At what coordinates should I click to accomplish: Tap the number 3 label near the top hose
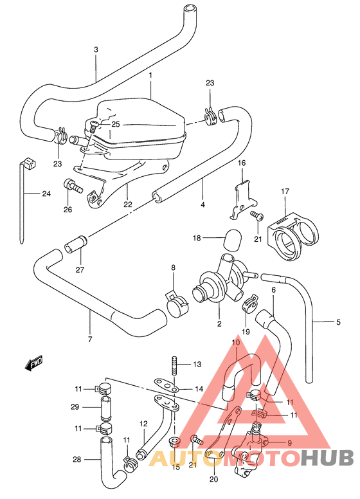pos(96,50)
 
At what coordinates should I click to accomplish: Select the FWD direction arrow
pos(33,365)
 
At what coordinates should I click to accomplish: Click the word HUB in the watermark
pos(327,458)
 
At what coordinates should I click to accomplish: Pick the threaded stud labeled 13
pos(174,365)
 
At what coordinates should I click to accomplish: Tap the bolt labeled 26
pos(71,187)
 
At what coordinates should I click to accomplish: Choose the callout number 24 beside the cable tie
pos(46,194)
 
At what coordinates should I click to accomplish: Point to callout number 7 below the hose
pos(90,339)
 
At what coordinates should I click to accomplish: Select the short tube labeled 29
pos(104,407)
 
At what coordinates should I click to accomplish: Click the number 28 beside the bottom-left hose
pos(77,459)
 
